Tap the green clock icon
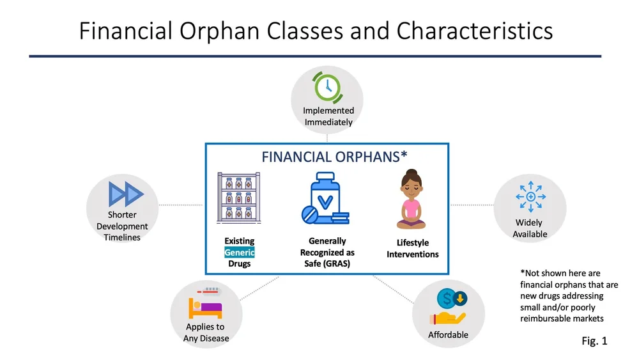[x=327, y=87]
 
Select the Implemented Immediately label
[x=328, y=116]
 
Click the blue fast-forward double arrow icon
[x=126, y=193]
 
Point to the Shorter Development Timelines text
[x=122, y=226]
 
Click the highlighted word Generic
[x=239, y=253]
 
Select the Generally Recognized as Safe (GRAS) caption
[x=327, y=252]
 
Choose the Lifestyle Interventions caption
[x=413, y=249]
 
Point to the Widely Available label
[x=530, y=228]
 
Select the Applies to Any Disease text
[x=206, y=333]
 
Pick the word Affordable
[x=448, y=335]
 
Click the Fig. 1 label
[x=594, y=341]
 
